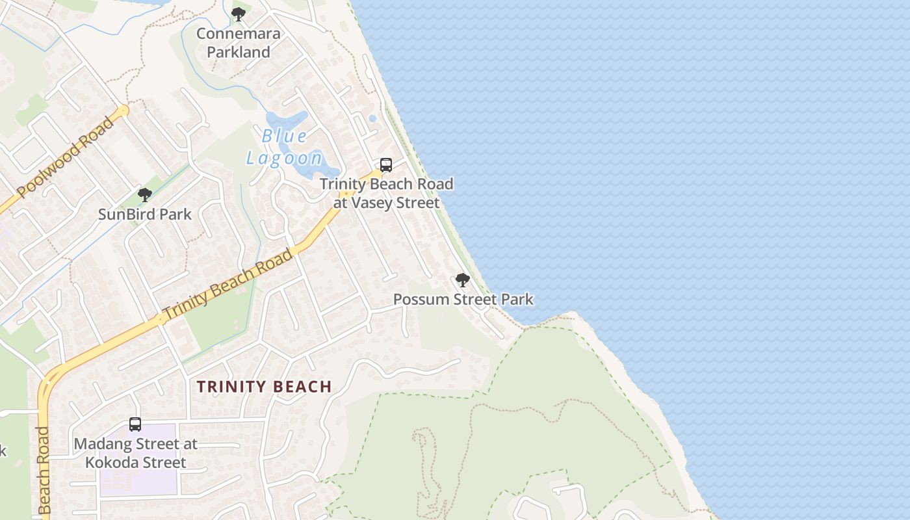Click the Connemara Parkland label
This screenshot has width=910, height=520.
click(239, 43)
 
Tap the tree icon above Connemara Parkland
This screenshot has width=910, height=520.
click(239, 14)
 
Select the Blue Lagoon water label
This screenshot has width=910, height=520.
click(284, 147)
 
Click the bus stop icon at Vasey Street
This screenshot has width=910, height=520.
click(386, 165)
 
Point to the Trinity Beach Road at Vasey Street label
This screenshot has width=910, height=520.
click(386, 193)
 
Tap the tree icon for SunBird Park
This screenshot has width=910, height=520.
click(145, 194)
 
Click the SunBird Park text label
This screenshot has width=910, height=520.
click(145, 214)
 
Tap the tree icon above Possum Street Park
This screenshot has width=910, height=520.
click(463, 280)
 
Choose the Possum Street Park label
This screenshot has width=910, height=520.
click(463, 300)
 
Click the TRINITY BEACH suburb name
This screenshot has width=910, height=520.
click(265, 387)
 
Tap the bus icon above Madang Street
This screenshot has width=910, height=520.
click(135, 424)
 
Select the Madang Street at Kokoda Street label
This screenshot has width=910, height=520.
click(135, 453)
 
